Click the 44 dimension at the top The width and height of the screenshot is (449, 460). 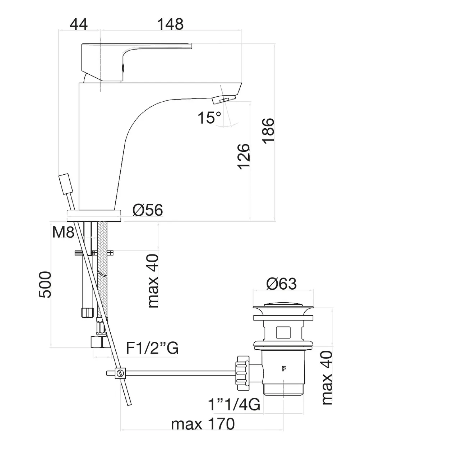(x=79, y=24)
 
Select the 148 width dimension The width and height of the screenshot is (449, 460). (x=170, y=24)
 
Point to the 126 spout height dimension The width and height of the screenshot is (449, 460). (x=244, y=156)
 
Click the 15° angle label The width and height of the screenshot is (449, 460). (x=209, y=118)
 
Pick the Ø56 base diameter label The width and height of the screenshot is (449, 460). (x=148, y=210)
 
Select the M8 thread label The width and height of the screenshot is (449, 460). (x=63, y=232)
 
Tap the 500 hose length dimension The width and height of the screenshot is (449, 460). (x=45, y=285)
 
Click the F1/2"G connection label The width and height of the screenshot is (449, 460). (x=152, y=348)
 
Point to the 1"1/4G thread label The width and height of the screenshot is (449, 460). (x=234, y=404)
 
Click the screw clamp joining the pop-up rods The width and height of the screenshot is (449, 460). (x=120, y=373)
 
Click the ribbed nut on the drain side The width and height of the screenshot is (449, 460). (x=242, y=373)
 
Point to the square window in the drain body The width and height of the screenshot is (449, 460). (x=283, y=332)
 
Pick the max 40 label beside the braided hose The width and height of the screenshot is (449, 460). (x=153, y=281)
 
